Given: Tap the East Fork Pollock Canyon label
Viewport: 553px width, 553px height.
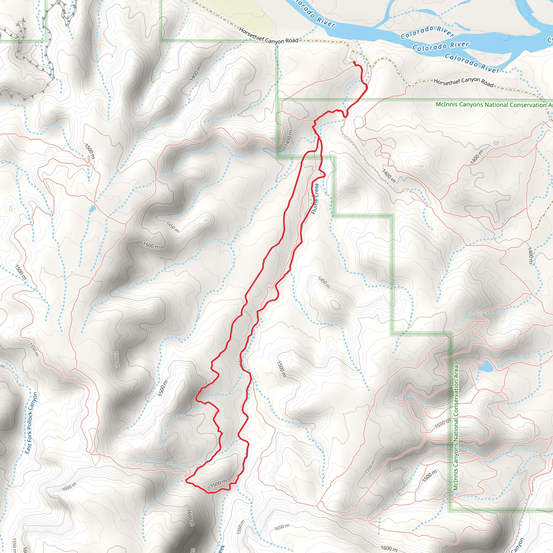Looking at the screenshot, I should click(x=31, y=423).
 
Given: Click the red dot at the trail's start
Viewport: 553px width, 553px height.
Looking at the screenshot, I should click(x=354, y=62).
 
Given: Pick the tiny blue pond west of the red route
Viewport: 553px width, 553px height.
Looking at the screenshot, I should click(x=92, y=209).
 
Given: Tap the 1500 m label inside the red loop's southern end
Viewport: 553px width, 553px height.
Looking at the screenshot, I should click(x=219, y=483).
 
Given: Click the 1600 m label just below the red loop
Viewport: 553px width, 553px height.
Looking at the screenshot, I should click(x=190, y=517).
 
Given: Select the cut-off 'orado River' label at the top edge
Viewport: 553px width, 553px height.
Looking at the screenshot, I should click(x=315, y=14).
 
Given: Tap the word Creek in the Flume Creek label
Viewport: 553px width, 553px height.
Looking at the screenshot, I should click(x=316, y=190).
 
